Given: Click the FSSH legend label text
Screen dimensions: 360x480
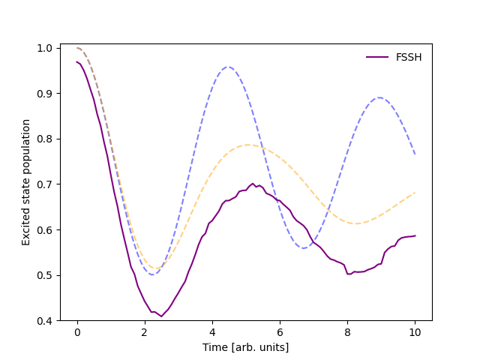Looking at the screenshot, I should (409, 57).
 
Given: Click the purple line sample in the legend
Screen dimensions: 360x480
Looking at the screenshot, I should (377, 57).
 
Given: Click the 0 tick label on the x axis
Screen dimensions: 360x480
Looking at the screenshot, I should (77, 332).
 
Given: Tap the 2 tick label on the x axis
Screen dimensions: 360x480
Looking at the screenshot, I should (145, 332).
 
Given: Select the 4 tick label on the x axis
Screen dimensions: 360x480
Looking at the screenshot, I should (212, 332).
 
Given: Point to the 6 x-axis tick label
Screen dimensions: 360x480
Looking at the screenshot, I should (280, 332).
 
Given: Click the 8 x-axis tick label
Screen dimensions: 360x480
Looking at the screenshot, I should (347, 332).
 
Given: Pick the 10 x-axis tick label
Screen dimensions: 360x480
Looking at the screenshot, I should (415, 332).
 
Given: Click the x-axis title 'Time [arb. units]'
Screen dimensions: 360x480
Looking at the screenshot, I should (246, 347).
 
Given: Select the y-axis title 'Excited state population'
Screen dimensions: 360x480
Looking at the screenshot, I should (26, 183).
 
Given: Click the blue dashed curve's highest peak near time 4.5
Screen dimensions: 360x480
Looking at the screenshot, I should (229, 67).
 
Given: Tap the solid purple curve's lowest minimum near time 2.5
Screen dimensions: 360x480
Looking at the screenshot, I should (161, 316).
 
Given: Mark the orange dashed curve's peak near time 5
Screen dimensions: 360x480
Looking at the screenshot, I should (247, 145).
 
